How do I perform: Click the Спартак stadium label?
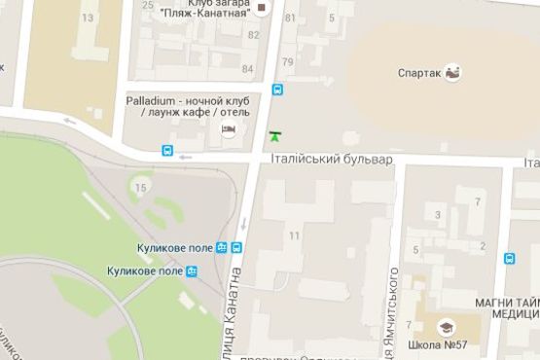point(419,72)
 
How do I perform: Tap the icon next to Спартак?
point(452,72)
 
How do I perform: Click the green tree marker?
point(274,137)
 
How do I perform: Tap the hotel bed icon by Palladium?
point(229,130)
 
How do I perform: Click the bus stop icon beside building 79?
point(278,90)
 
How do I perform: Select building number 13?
point(89,18)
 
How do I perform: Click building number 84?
point(248,69)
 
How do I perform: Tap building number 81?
point(289,18)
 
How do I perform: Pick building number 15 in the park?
point(142,187)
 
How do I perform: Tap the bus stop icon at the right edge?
point(510,259)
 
